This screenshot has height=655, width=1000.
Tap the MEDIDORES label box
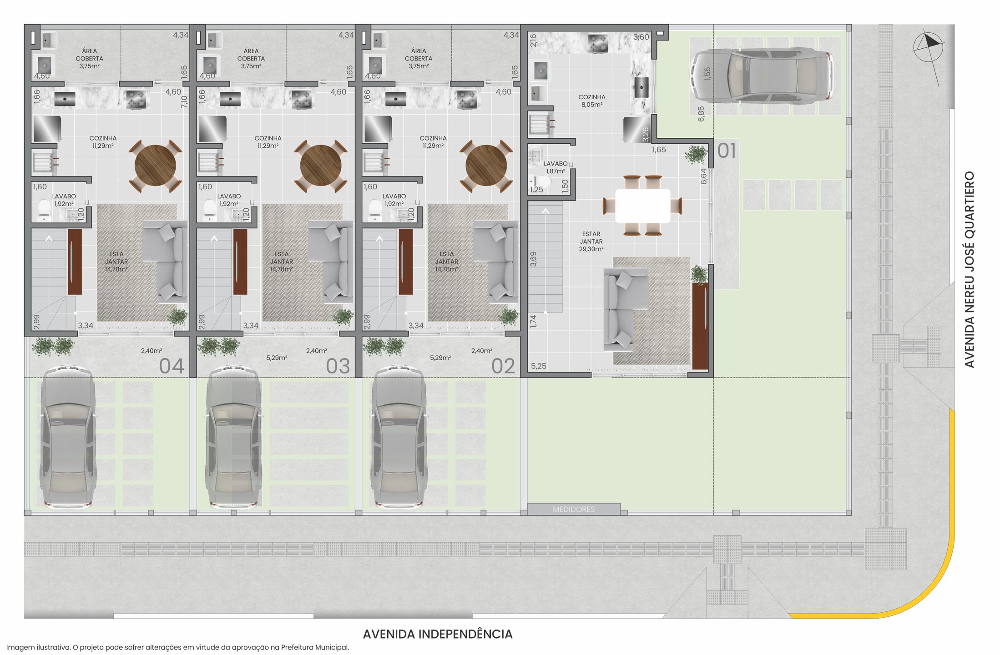click(x=574, y=509)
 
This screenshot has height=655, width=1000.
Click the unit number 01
click(x=727, y=151)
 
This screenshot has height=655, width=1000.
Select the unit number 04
click(x=172, y=366)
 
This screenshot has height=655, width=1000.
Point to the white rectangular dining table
click(x=642, y=206)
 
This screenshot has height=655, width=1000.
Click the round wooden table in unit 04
click(x=155, y=166)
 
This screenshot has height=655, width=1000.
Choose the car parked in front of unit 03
click(x=233, y=437)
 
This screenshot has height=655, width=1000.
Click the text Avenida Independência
click(x=438, y=634)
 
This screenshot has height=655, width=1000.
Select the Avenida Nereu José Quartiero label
click(x=970, y=269)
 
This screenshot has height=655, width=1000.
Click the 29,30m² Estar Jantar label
click(x=591, y=242)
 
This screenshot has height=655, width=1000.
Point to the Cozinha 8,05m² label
click(x=591, y=101)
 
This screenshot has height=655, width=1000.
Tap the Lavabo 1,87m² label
click(x=556, y=167)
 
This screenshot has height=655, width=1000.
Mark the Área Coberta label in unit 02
click(x=419, y=59)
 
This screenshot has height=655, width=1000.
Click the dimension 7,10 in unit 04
click(x=184, y=101)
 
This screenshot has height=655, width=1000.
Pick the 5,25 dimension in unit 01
click(x=539, y=366)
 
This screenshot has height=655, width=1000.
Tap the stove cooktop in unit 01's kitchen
click(x=598, y=43)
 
